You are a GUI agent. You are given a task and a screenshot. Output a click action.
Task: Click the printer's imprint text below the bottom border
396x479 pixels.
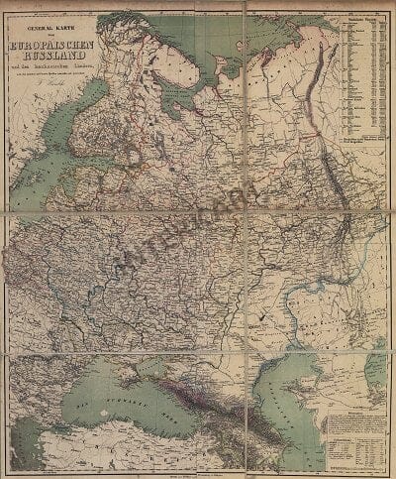pos(198,474)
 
